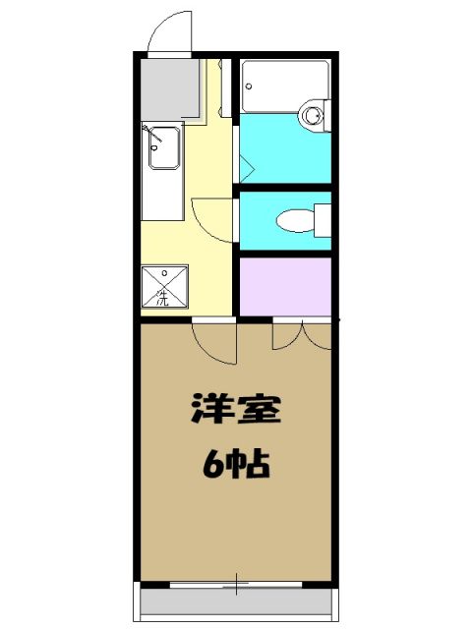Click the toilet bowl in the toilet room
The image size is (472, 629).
(294, 218)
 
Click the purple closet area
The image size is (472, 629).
(286, 286)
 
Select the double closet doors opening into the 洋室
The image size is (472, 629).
(303, 336)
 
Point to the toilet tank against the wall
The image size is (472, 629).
(323, 218)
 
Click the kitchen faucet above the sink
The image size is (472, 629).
(149, 134)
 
